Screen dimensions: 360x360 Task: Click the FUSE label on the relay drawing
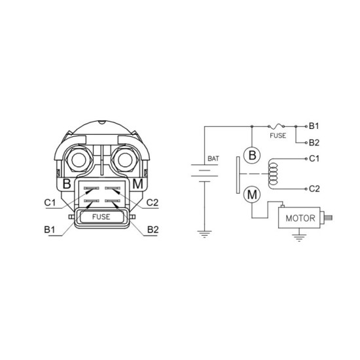(101, 217)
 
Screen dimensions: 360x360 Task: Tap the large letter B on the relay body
(67, 184)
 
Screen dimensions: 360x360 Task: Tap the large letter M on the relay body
(137, 184)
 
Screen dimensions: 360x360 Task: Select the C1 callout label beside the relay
(50, 203)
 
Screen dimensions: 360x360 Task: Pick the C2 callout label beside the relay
(153, 203)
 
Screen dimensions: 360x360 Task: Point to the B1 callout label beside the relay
(50, 230)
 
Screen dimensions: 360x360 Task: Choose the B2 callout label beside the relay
(153, 230)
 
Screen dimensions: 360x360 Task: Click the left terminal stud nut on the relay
(79, 160)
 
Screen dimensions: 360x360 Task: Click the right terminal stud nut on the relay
(125, 160)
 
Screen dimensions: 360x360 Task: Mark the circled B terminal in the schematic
(252, 155)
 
